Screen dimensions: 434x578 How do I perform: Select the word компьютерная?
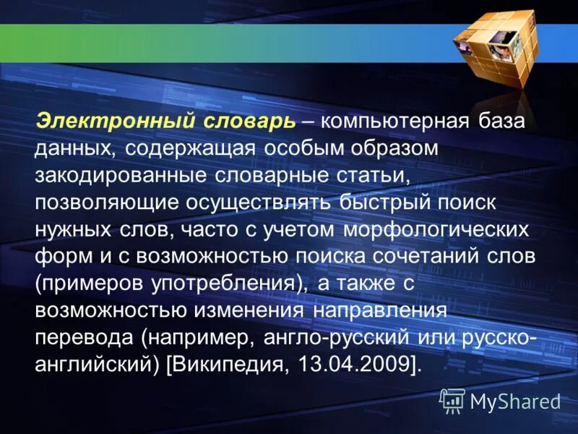pos(392,121)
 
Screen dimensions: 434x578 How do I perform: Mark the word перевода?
pos(84,339)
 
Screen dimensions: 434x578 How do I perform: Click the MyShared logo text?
pos(515,401)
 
